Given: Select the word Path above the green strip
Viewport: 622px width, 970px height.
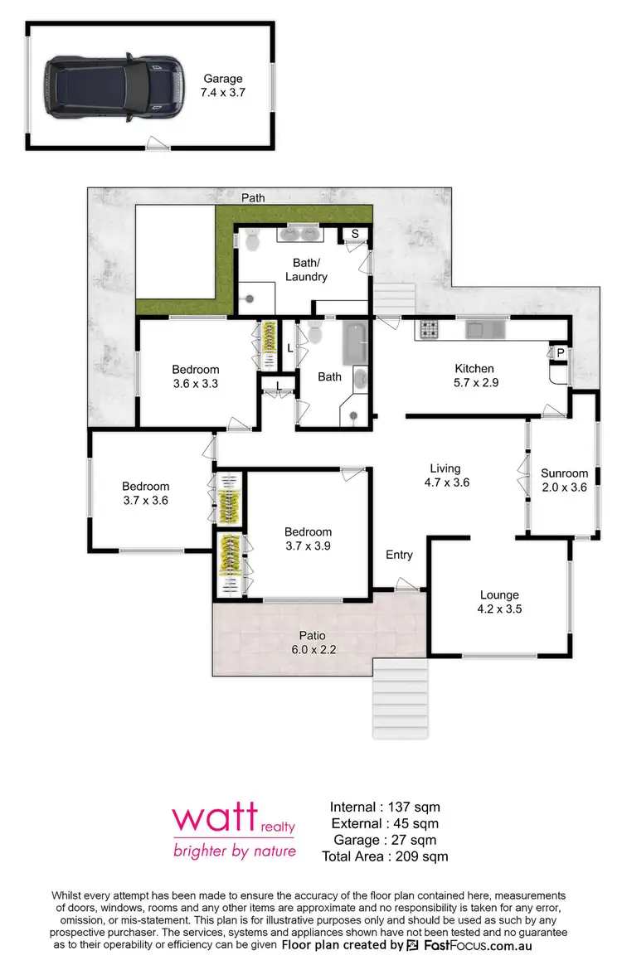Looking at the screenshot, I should (253, 198).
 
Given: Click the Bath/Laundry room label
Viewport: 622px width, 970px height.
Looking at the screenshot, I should (306, 269).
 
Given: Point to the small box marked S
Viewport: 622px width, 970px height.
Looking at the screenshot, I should (355, 234).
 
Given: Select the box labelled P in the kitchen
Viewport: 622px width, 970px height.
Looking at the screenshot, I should (561, 352).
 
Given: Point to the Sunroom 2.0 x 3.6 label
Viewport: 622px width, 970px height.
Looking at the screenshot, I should (564, 481).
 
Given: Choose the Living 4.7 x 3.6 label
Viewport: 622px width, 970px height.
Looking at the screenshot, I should (445, 475).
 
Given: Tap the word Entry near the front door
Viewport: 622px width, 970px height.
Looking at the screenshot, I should (399, 555).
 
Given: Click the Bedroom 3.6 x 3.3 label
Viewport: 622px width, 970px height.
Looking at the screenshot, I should (196, 376).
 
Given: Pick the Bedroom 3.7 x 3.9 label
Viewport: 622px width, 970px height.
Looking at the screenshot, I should (308, 539).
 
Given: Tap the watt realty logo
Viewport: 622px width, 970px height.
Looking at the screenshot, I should (233, 829).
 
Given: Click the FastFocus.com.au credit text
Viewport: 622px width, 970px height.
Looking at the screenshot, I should (469, 945).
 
